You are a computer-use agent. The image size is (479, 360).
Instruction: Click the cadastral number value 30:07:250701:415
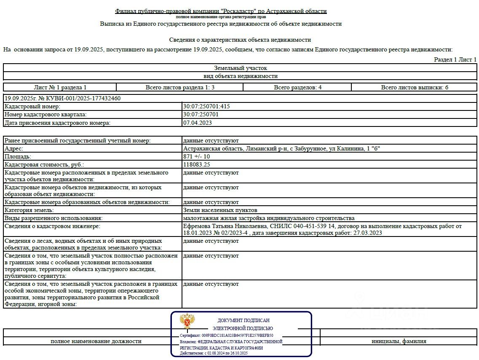[x=206, y=107]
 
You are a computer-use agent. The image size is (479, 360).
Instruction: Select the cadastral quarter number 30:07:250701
[x=201, y=115]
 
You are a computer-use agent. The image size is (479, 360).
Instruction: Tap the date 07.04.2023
[x=197, y=123]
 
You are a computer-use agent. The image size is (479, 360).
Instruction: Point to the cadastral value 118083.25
[x=196, y=164]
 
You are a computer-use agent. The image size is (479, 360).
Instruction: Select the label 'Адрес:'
[x=13, y=148]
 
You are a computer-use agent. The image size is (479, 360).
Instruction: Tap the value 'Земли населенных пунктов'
[x=220, y=210]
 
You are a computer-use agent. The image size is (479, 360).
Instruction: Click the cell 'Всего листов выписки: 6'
[x=415, y=87]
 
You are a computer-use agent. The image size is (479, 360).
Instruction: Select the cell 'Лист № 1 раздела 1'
[x=60, y=87]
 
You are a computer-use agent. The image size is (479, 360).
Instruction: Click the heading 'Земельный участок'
[x=240, y=68]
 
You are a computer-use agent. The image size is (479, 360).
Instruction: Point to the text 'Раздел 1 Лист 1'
[x=455, y=60]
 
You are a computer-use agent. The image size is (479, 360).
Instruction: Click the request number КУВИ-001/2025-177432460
[x=62, y=98]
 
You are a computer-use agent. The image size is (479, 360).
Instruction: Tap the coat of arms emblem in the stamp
[x=187, y=322]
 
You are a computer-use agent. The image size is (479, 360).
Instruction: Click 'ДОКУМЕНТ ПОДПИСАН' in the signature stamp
[x=243, y=321]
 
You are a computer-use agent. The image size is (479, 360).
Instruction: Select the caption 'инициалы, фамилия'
[x=399, y=341]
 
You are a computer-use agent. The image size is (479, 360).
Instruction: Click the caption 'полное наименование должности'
[x=96, y=341]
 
